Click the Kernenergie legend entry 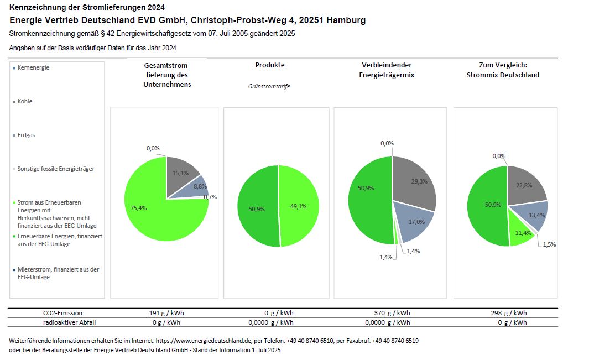pyautogui.click(x=33, y=67)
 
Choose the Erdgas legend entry pyautogui.click(x=26, y=135)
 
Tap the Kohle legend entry pyautogui.click(x=25, y=101)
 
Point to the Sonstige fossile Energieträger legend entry pyautogui.click(x=55, y=169)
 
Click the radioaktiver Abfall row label pyautogui.click(x=66, y=322)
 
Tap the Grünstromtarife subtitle pyautogui.click(x=269, y=86)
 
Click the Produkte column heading pyautogui.click(x=269, y=65)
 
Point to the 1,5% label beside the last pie pyautogui.click(x=549, y=244)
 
